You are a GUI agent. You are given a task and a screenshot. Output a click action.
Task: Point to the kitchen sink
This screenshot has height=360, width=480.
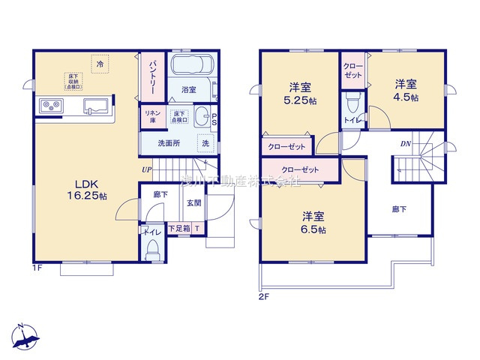pos(94,105)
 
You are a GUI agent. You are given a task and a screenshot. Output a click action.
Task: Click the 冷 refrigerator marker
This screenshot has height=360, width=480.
pos(100,64)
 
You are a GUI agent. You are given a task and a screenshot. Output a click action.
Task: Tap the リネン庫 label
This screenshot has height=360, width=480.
pos(150,117)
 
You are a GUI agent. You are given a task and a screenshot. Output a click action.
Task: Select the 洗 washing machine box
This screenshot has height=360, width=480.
pos(204,142)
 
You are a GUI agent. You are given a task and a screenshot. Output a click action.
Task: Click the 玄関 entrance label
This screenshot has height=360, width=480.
pos(193,202)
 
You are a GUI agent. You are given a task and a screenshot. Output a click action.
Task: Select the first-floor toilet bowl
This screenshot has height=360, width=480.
pos(152,247)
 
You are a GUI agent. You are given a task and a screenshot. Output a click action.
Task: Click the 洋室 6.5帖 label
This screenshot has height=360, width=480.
pos(310,223)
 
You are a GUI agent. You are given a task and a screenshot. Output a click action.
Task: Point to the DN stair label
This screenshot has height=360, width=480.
pos(405,142)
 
